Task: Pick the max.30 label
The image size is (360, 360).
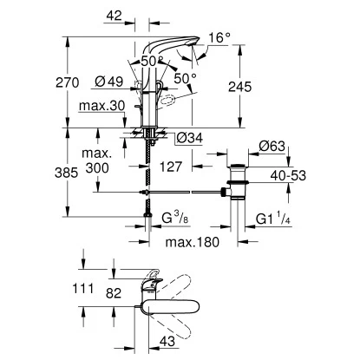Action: pos(108,107)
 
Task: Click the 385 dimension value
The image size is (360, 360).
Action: pos(81,173)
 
